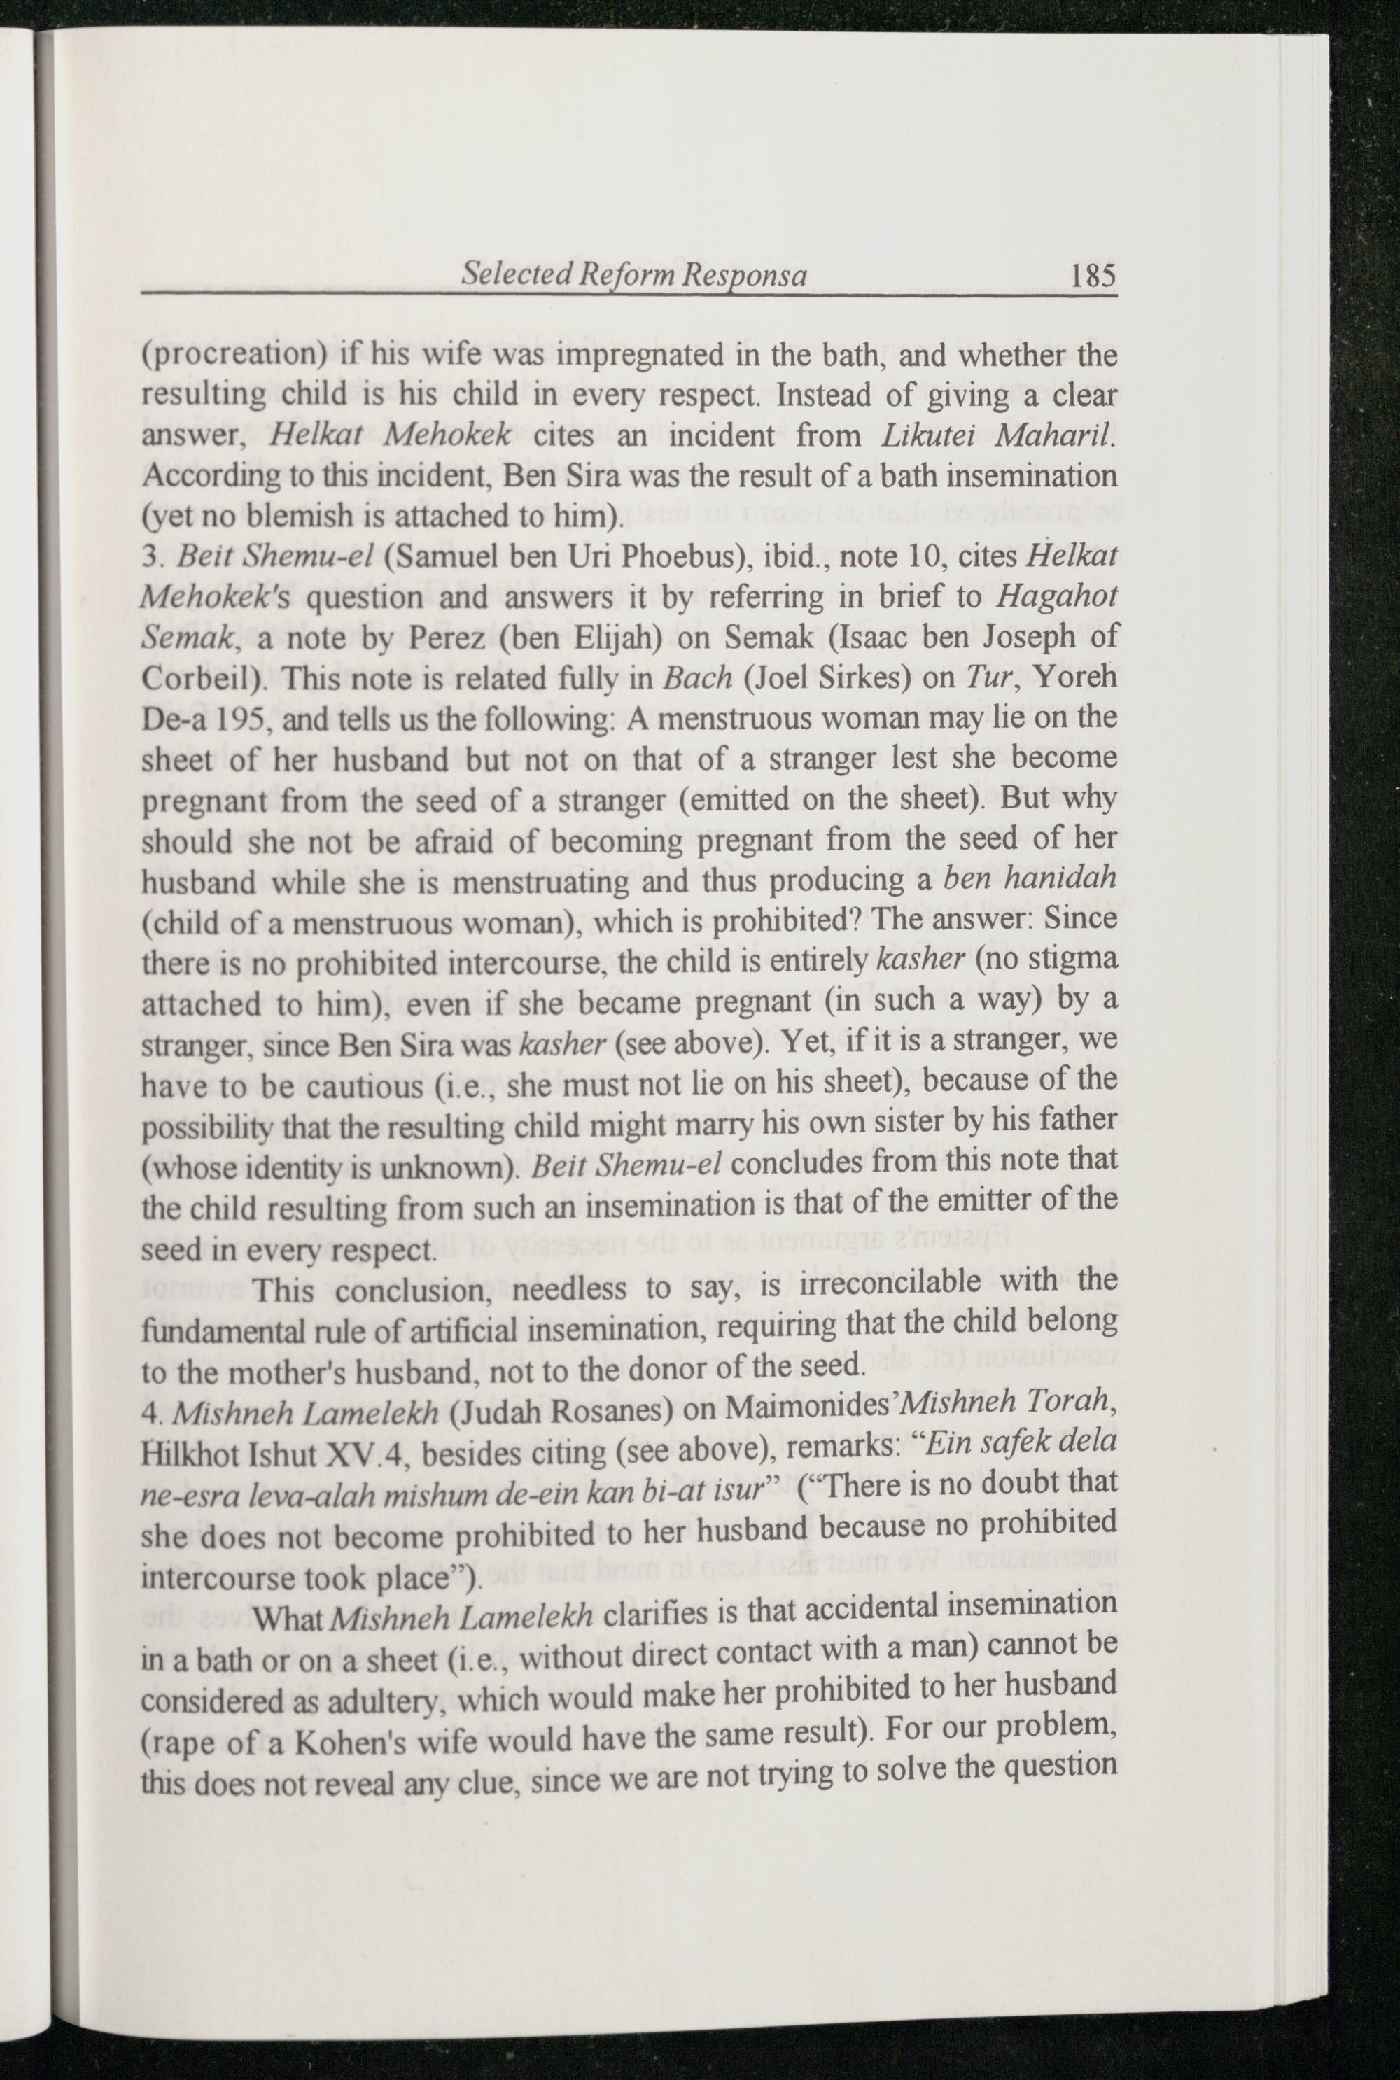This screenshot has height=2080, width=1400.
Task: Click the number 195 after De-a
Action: [239, 719]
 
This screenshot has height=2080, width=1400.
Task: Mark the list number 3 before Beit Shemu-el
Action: [150, 558]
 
